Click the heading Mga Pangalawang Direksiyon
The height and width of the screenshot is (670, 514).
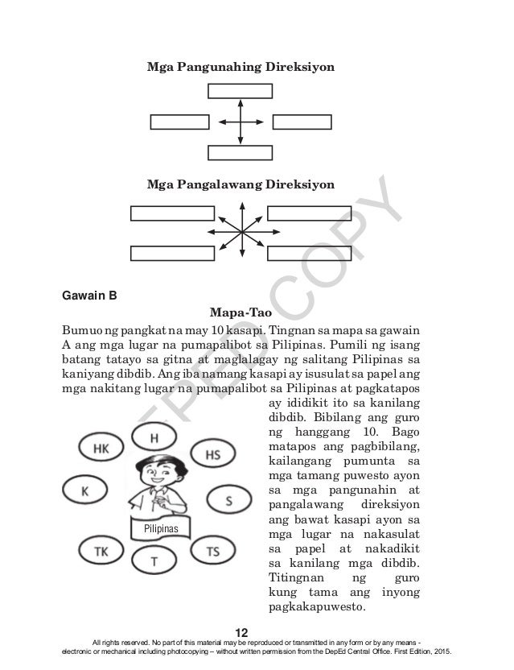(x=240, y=184)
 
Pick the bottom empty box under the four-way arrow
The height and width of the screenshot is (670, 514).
(x=240, y=152)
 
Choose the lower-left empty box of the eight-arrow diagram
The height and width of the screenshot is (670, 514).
(x=172, y=252)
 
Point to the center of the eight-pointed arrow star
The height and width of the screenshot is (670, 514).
(x=241, y=232)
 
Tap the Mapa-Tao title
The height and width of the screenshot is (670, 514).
(x=241, y=312)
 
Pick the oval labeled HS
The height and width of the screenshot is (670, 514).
(x=212, y=454)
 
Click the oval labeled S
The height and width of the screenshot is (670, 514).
(x=228, y=500)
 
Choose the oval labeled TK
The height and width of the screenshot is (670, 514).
(x=101, y=551)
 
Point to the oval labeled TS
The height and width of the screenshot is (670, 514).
(x=213, y=551)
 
